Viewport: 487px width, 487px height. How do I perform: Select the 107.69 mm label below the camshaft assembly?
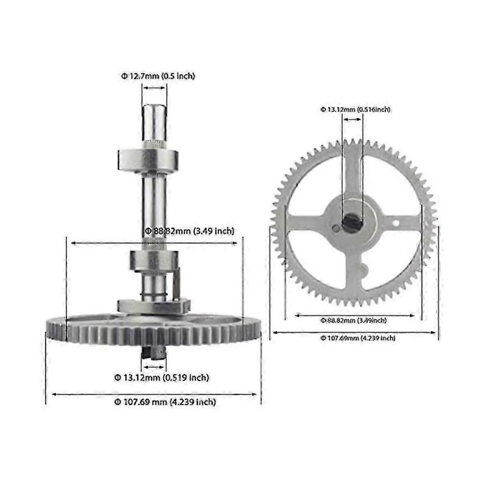pyautogui.click(x=165, y=402)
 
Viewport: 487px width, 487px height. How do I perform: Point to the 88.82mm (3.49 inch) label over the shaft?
pyautogui.click(x=189, y=231)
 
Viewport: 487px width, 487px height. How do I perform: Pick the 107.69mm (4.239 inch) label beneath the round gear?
pyautogui.click(x=354, y=337)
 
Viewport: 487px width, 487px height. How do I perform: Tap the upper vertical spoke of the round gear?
pyautogui.click(x=354, y=173)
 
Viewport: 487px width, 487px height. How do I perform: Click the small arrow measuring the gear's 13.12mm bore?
pyautogui.click(x=353, y=120)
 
